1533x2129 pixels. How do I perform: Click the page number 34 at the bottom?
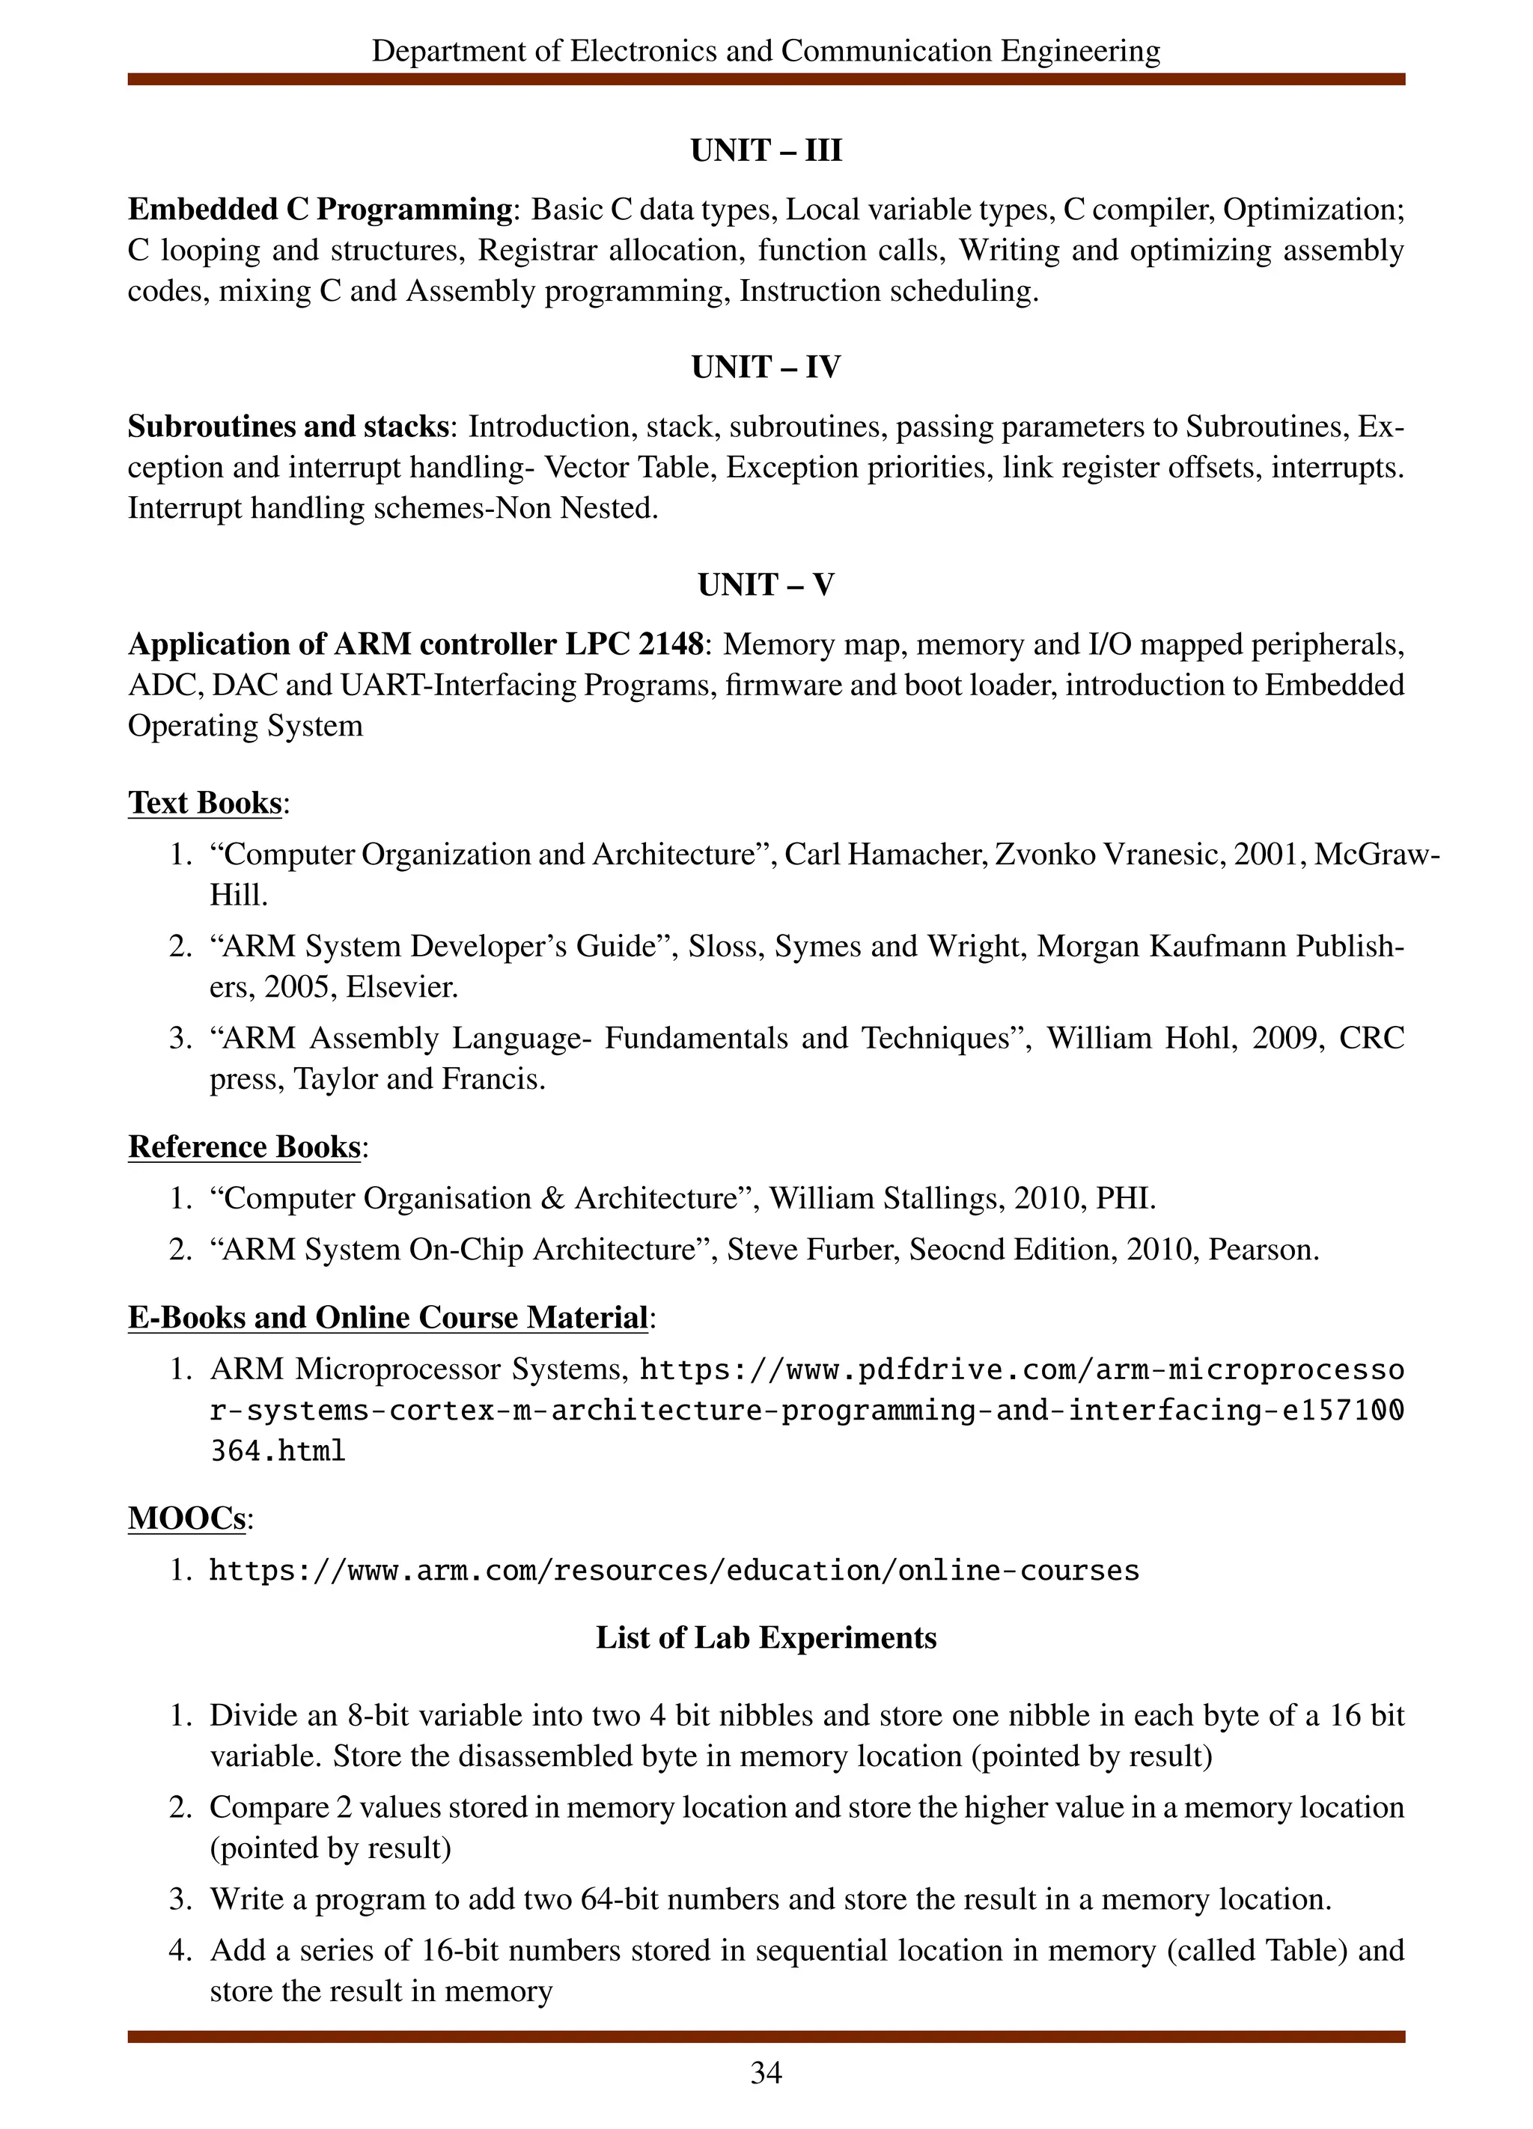[766, 2073]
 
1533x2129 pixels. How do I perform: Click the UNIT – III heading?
[766, 150]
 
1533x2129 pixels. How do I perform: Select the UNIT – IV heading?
[766, 367]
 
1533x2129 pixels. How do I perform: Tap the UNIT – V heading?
[766, 584]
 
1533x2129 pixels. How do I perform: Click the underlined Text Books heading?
[204, 803]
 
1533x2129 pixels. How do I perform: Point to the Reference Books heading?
[244, 1146]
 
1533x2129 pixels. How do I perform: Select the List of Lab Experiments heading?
[766, 1637]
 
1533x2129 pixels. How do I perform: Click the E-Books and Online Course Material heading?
[388, 1317]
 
